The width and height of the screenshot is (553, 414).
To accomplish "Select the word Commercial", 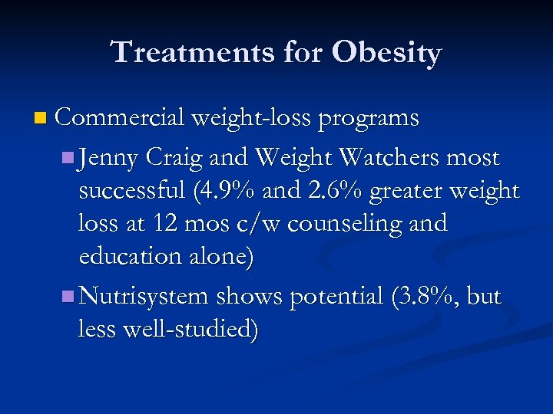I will click(120, 117).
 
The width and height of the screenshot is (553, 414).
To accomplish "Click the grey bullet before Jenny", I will click(68, 158).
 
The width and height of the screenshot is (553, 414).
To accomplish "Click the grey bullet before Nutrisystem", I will click(68, 296).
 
